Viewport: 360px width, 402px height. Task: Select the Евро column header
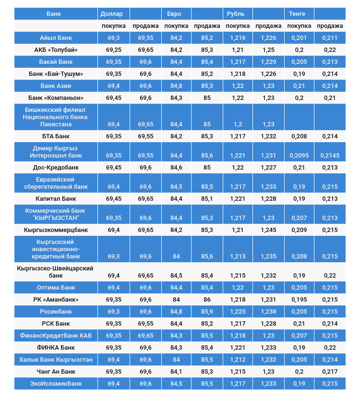coord(171,13)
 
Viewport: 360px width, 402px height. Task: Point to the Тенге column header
coord(297,13)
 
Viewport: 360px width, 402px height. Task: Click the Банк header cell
coord(54,13)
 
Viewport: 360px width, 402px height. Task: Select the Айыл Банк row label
coord(56,37)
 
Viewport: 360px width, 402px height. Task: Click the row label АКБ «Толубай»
coord(56,49)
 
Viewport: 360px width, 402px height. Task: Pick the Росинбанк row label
coord(56,311)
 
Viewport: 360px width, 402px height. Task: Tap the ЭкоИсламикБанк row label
coord(56,383)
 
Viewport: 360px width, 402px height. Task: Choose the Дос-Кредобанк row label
coord(56,167)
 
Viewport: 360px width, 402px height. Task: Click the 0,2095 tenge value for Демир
coord(299,156)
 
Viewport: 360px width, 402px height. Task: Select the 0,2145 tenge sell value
coord(330,156)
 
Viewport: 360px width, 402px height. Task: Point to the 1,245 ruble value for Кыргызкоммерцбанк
coord(268,230)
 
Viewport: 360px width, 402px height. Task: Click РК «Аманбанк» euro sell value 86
coord(207,299)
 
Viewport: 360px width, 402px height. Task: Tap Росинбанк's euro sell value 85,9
coord(207,311)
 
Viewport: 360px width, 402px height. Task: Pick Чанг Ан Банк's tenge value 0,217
coord(330,371)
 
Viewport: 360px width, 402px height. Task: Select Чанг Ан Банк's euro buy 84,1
coord(176,371)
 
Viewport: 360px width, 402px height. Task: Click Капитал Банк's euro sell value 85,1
coord(207,198)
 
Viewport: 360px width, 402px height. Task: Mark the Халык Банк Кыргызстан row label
coord(56,359)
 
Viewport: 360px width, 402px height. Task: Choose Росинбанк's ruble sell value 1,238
coord(268,311)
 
